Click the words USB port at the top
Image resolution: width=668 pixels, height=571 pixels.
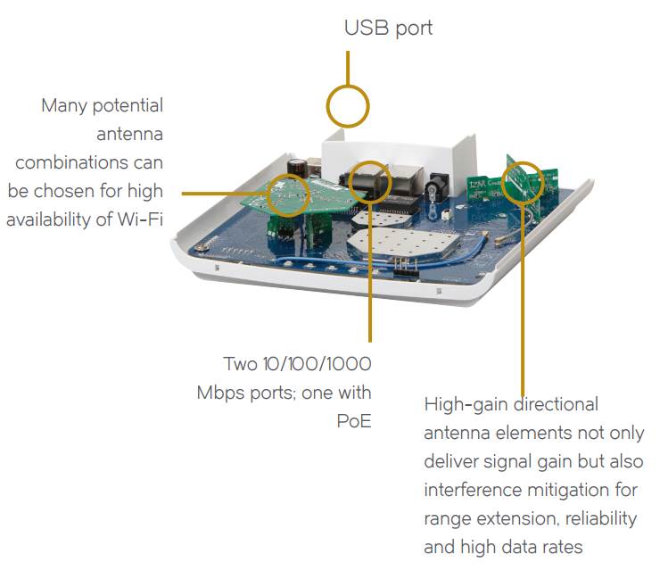[388, 28]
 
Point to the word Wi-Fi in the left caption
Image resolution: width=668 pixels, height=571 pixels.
[140, 219]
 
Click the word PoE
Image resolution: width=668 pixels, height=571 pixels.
[353, 420]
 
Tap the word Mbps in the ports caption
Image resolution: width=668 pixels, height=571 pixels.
[223, 393]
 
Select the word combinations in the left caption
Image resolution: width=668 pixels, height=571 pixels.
[89, 162]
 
